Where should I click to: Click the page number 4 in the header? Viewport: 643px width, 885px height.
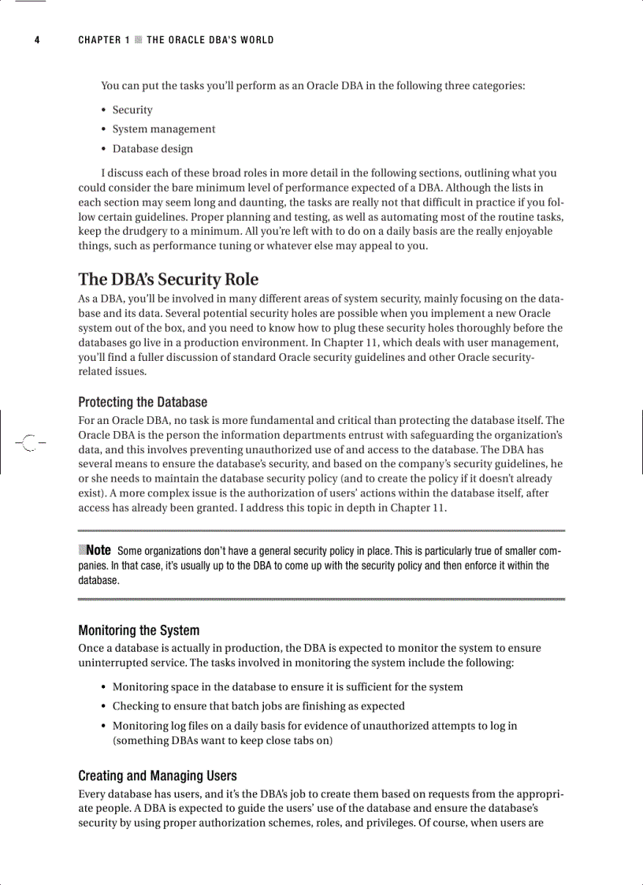pos(36,40)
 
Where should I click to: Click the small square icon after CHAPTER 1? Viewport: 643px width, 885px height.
pos(138,40)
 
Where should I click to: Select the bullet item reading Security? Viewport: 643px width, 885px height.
pos(132,110)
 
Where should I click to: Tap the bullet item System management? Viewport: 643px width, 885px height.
pos(163,129)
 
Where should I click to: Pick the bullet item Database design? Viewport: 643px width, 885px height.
pos(152,149)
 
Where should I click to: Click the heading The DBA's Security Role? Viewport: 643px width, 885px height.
pos(168,280)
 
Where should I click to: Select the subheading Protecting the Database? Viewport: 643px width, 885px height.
pos(143,403)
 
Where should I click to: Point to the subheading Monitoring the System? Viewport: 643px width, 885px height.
pos(139,630)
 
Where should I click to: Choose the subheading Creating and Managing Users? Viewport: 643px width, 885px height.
pos(158,776)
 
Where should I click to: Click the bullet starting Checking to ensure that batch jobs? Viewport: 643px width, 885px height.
pos(258,706)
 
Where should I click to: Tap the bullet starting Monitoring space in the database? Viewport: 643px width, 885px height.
pos(288,687)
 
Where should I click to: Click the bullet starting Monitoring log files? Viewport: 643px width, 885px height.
pos(314,726)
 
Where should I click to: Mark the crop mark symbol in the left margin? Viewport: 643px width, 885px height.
pos(29,443)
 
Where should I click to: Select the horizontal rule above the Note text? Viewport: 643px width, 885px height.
pos(321,530)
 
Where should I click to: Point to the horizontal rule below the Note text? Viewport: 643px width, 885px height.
pos(321,600)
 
